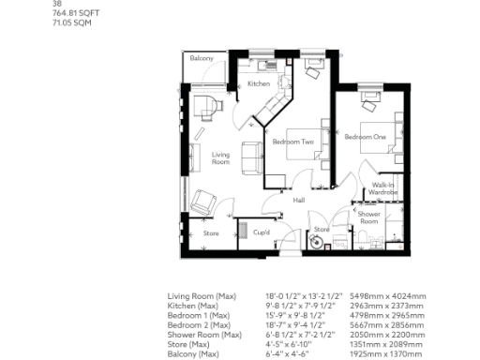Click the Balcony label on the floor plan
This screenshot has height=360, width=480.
click(202, 58)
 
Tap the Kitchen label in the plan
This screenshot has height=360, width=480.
click(259, 84)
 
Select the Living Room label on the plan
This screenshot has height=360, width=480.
click(221, 159)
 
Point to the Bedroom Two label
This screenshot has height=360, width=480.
click(293, 142)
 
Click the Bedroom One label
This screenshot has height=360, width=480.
click(365, 137)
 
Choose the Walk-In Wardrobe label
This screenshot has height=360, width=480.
click(384, 188)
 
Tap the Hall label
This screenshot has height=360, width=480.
click(299, 201)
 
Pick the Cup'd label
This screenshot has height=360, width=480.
click(262, 232)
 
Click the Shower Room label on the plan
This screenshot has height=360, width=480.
click(368, 217)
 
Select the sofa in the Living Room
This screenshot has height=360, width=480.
click(252, 156)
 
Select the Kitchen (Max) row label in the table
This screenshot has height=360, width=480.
click(193, 306)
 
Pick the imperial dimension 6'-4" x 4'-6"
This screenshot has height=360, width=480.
click(287, 353)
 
